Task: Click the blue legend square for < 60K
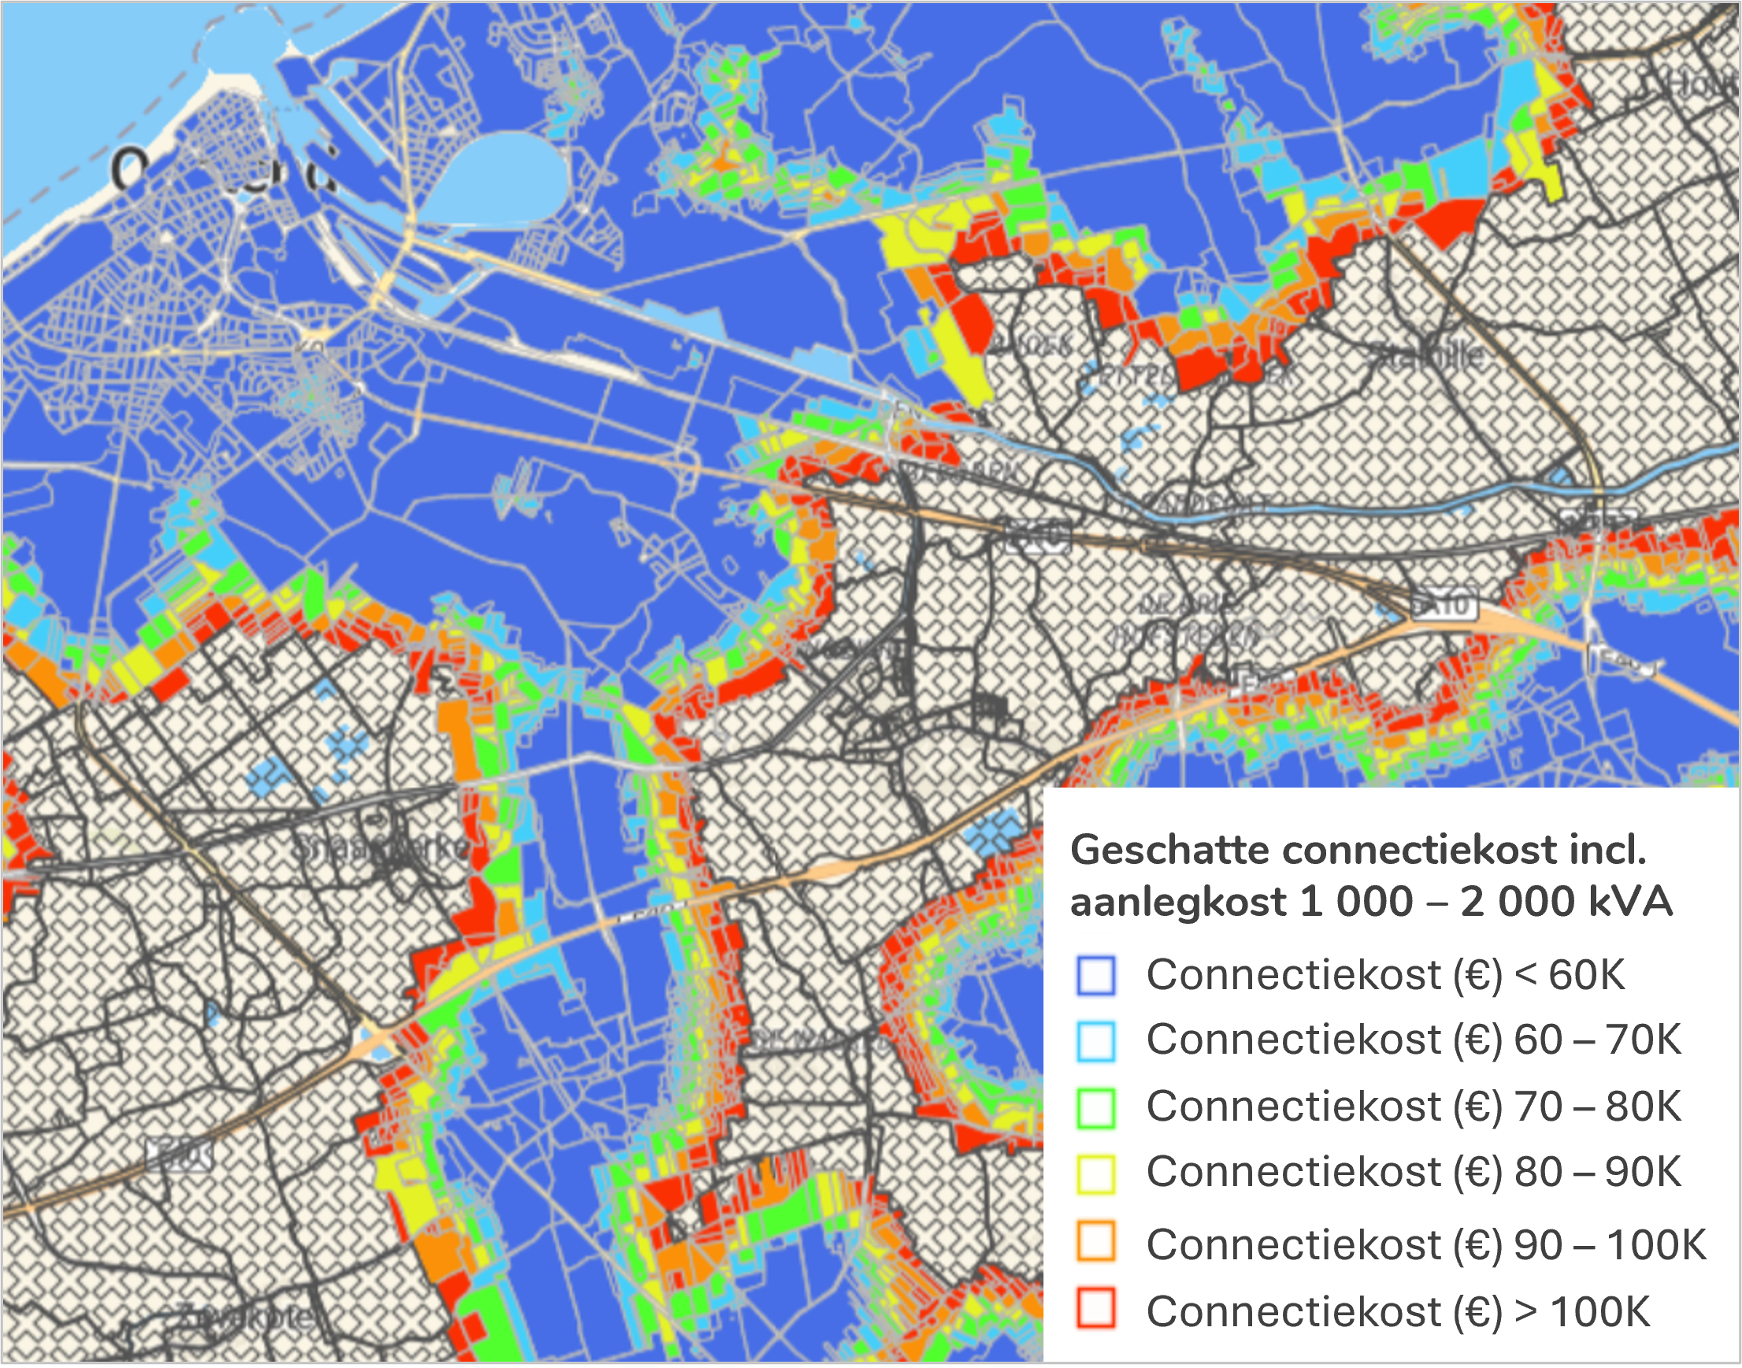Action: pos(1095,976)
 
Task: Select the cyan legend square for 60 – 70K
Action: pos(1095,1040)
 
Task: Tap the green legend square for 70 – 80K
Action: pos(1095,1107)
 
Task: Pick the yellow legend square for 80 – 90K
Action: pos(1095,1173)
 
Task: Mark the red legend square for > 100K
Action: pos(1095,1308)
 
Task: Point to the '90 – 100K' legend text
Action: pos(1610,1244)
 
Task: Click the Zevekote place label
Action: pos(248,1315)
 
